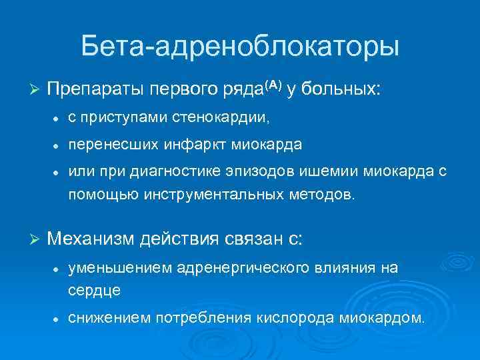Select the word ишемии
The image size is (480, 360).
[331, 171]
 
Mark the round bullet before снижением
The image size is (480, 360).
[58, 319]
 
